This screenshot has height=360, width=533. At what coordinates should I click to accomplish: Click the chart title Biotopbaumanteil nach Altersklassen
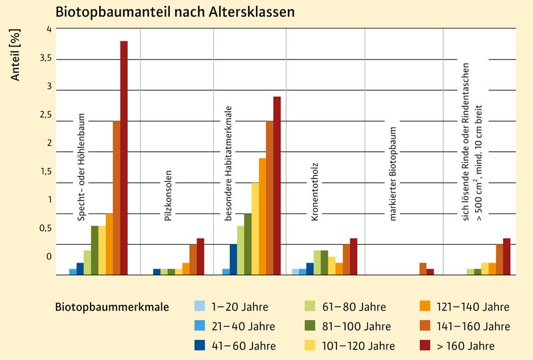tap(175, 12)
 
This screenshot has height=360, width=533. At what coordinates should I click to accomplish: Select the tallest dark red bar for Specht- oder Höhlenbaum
tap(123, 157)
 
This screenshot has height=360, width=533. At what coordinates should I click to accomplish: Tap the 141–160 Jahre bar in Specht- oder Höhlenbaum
tap(116, 197)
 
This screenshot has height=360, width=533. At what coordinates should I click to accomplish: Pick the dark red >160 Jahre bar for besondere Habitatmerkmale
tap(276, 185)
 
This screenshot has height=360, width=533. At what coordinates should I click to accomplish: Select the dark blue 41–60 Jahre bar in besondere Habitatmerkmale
tap(233, 259)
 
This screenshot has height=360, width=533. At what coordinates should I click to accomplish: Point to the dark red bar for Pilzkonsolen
tap(200, 256)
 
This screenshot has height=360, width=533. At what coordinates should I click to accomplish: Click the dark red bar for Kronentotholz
tap(353, 256)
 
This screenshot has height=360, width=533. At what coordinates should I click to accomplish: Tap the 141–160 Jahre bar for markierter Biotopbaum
tap(422, 268)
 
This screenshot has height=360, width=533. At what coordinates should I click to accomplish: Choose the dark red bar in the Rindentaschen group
tap(506, 256)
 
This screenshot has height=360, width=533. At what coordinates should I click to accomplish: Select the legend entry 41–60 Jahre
tap(243, 345)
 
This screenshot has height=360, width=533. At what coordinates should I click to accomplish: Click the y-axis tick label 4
tap(47, 29)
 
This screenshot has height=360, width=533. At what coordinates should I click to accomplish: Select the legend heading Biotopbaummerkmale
tap(111, 307)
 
